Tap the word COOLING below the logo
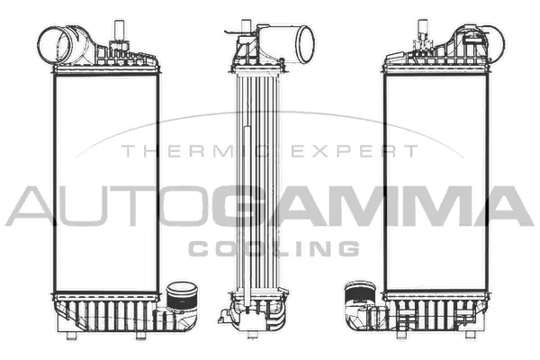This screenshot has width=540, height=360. click(274, 247)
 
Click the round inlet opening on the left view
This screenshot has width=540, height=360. click(53, 43)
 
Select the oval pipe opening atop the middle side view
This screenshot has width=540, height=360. click(303, 41)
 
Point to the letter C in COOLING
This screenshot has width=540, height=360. click(198, 247)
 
